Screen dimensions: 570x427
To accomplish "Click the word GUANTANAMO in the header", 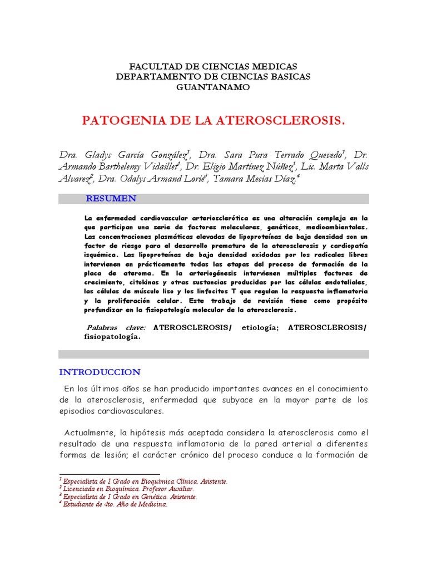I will click(x=213, y=87).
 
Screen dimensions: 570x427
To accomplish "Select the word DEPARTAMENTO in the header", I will click(x=150, y=76).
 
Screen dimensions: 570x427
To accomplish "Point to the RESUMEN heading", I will click(x=111, y=199).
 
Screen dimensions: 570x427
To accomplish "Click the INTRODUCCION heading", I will click(x=100, y=372).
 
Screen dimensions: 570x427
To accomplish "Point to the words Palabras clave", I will click(x=116, y=327).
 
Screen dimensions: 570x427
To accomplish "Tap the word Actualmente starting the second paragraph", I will click(x=88, y=433).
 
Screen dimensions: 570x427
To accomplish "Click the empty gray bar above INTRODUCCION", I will click(x=213, y=354).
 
